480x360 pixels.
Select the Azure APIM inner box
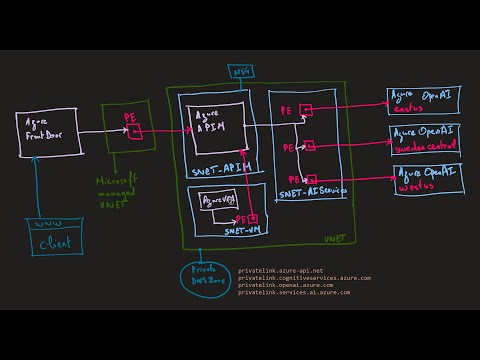tap(220, 126)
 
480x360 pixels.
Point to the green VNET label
tap(334, 241)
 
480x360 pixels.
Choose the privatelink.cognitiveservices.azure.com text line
tap(304, 277)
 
